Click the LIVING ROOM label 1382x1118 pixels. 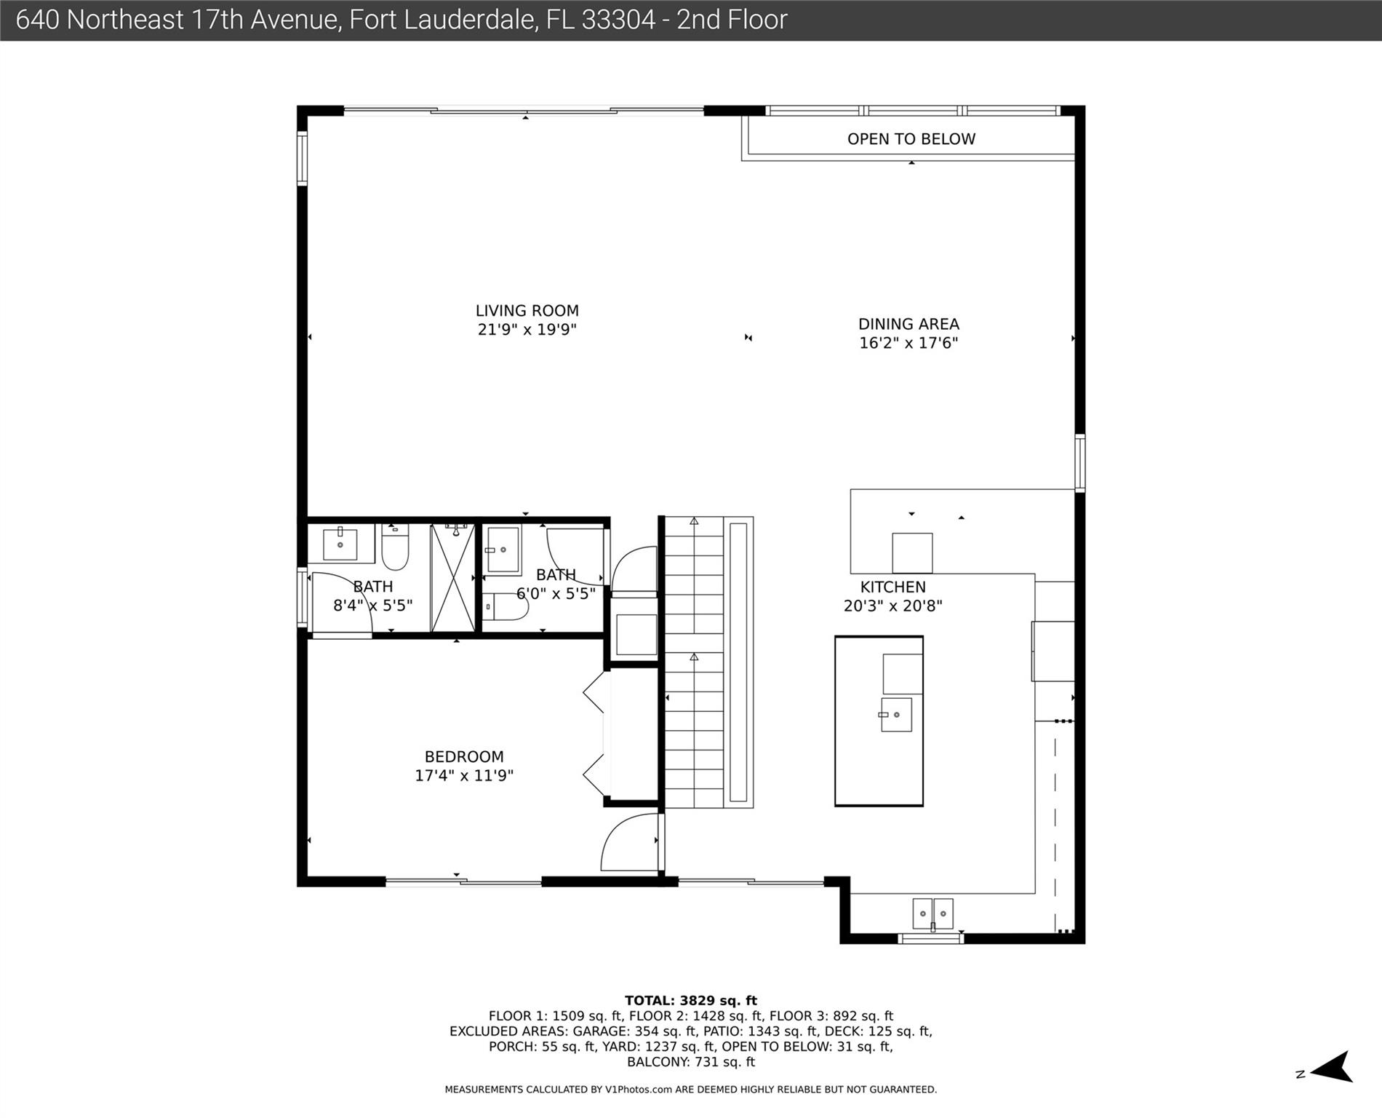click(527, 311)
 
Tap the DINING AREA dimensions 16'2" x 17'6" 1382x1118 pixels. click(908, 343)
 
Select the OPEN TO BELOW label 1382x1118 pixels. click(911, 139)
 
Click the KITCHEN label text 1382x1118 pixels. click(893, 587)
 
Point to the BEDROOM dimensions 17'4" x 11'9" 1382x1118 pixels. click(464, 776)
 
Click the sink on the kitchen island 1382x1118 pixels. click(895, 715)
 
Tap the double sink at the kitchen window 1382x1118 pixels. click(932, 914)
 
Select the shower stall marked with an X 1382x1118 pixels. click(452, 578)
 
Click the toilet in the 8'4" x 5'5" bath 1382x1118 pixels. click(395, 547)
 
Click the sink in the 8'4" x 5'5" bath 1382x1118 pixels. click(340, 544)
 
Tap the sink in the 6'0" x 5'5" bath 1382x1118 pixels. click(503, 550)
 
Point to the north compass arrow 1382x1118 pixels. click(1330, 1067)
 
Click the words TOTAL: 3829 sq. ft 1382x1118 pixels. click(691, 1001)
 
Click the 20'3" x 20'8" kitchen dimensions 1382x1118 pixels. click(893, 606)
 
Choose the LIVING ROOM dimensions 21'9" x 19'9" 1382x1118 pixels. click(527, 330)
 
